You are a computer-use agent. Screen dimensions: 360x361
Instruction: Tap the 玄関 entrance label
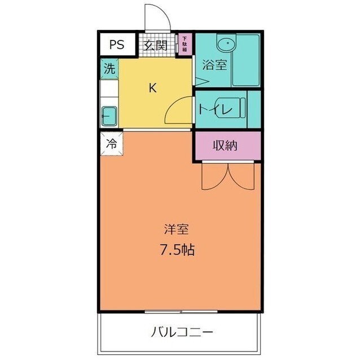[x=155, y=46]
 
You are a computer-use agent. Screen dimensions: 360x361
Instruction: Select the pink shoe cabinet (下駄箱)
[x=184, y=44]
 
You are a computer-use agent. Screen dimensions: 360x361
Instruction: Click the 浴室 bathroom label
[x=214, y=65]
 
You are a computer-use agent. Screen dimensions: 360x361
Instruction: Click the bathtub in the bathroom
[x=246, y=60]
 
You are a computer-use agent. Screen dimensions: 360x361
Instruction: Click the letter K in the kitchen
[x=152, y=87]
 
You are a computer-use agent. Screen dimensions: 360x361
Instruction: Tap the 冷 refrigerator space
[x=111, y=143]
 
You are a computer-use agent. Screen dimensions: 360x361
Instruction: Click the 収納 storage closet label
[x=224, y=145]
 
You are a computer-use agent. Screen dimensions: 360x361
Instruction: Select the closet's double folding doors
[x=228, y=176]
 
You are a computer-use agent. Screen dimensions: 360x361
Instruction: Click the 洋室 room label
[x=175, y=229]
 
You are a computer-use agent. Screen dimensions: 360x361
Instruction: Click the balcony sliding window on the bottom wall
[x=180, y=310]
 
